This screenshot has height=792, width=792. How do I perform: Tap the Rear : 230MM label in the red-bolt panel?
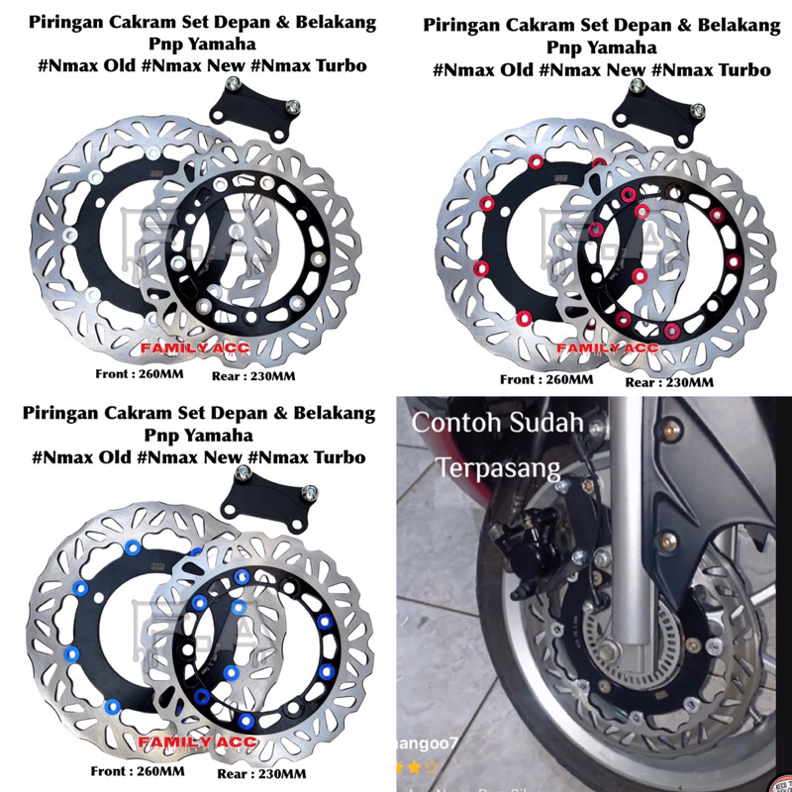pos(668,381)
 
